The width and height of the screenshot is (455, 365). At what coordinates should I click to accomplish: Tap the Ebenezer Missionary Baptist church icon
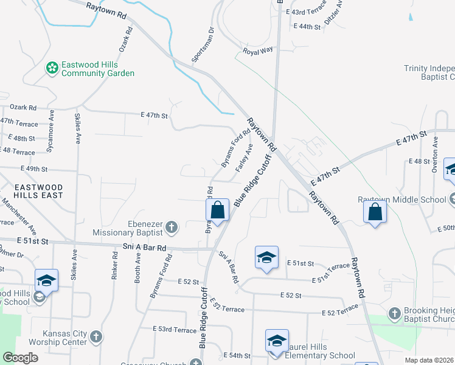[172, 228]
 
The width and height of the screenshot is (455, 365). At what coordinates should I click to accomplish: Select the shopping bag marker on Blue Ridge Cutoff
[218, 211]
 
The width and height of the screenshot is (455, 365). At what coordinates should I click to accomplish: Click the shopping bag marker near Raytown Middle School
[375, 213]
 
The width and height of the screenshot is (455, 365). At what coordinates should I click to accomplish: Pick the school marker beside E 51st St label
[266, 258]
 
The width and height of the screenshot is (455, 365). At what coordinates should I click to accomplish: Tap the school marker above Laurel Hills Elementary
[277, 342]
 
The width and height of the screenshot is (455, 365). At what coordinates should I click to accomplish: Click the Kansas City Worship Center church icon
[96, 336]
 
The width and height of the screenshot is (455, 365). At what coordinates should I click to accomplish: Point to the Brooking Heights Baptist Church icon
[395, 314]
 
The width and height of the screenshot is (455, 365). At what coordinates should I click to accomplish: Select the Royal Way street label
[258, 52]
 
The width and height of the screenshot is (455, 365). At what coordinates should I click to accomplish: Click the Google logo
[20, 358]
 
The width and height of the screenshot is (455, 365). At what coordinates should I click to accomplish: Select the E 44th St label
[307, 27]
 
